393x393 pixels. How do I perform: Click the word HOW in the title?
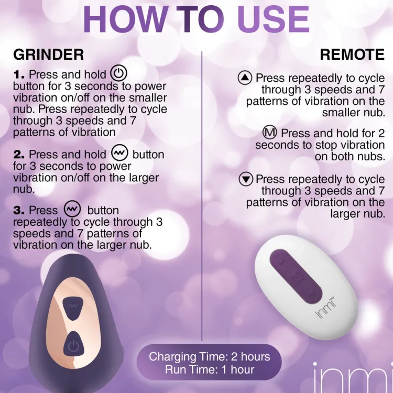coord(124,20)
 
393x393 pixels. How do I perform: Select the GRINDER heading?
coord(49,54)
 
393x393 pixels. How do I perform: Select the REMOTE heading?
coord(352,54)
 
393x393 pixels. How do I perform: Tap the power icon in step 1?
coord(119,73)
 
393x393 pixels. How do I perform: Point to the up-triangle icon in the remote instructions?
coord(245,78)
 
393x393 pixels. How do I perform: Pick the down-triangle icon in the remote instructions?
coord(246,179)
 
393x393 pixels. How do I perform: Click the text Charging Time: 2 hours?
coord(209,356)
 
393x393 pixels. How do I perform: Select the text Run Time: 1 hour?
coord(210,369)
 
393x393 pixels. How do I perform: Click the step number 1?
coord(19,74)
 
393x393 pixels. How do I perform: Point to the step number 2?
coord(19,155)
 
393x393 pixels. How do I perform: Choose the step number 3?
coord(19,210)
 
